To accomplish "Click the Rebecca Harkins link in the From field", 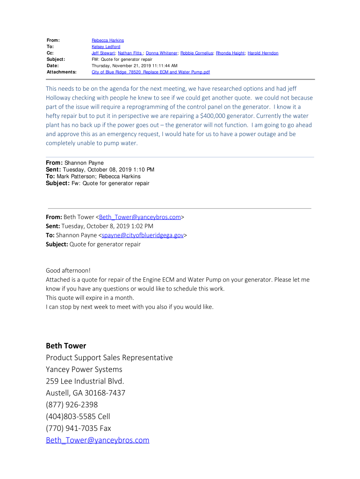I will [108, 41].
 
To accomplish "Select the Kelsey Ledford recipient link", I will [106, 47].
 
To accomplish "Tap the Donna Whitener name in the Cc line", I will [162, 53].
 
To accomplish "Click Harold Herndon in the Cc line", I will [263, 53].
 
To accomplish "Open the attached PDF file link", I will [151, 72].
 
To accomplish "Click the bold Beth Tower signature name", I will [66, 346].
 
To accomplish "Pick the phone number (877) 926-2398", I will [72, 405].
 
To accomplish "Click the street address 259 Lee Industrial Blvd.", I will [85, 381].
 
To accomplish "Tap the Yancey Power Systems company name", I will [84, 369].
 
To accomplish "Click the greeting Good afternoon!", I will [68, 270].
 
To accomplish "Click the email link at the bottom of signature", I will [98, 440].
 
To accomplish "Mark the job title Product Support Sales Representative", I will [109, 357].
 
